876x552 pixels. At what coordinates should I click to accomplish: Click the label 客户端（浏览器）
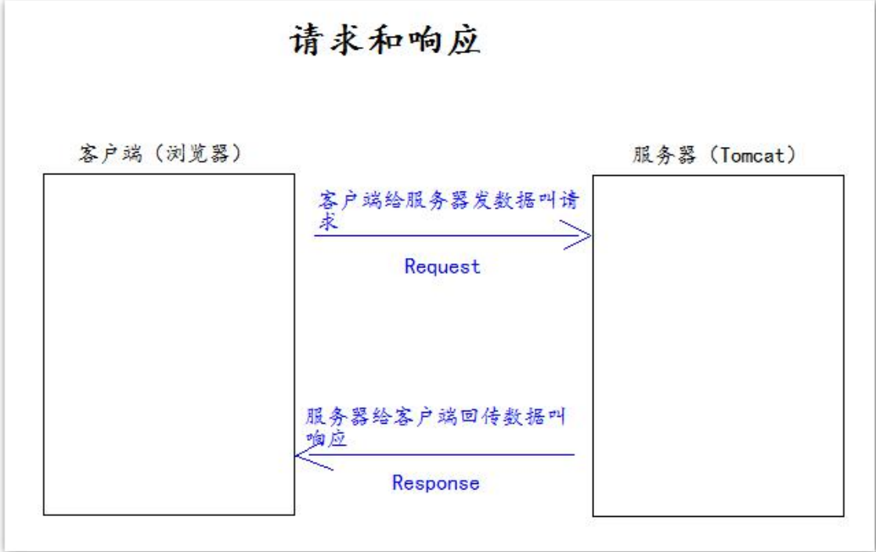coord(160,153)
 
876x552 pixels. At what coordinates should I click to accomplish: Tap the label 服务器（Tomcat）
coord(714,155)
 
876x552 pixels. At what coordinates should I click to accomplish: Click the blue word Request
coord(442,267)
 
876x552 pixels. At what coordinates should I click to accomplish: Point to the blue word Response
coord(435,482)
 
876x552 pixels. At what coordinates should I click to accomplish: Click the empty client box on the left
coord(168,344)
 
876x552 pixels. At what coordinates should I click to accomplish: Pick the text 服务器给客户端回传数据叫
coord(435,416)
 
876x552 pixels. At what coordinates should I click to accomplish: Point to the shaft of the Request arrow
coord(438,235)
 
